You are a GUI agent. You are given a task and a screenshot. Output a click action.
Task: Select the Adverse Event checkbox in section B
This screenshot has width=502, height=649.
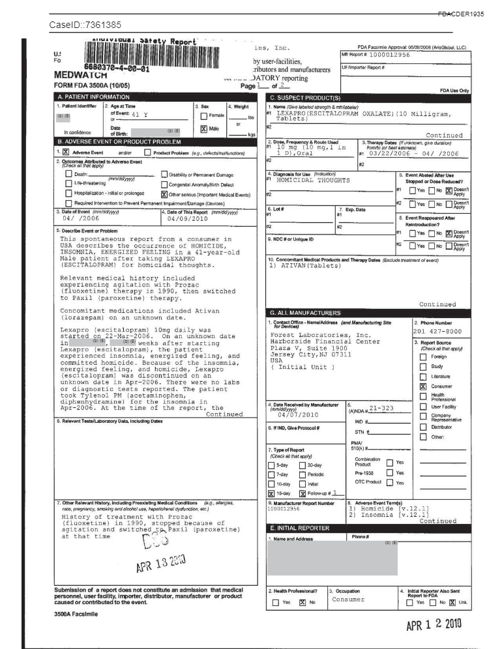click(65, 152)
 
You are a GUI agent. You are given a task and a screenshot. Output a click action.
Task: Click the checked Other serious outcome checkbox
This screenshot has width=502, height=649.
click(163, 194)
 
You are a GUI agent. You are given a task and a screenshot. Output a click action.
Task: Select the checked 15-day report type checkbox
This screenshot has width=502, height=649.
click(271, 494)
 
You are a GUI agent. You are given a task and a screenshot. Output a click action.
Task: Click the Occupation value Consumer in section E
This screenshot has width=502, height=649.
click(347, 599)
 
